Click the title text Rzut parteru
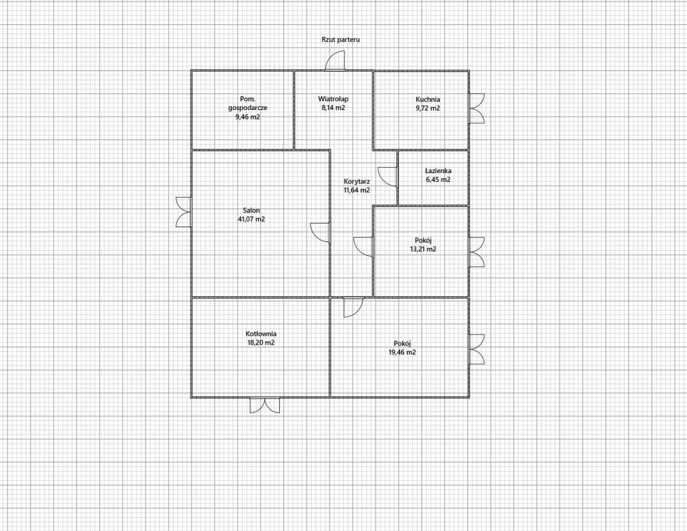(340, 40)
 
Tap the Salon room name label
(251, 210)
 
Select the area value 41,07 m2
(251, 219)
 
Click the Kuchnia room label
(428, 100)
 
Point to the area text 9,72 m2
(428, 108)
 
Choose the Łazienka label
(438, 171)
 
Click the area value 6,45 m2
(438, 180)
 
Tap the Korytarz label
(357, 182)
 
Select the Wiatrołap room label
(333, 99)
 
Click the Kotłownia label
(261, 334)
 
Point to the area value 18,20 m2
(261, 342)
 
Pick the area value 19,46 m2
(402, 352)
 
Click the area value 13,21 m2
(423, 249)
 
